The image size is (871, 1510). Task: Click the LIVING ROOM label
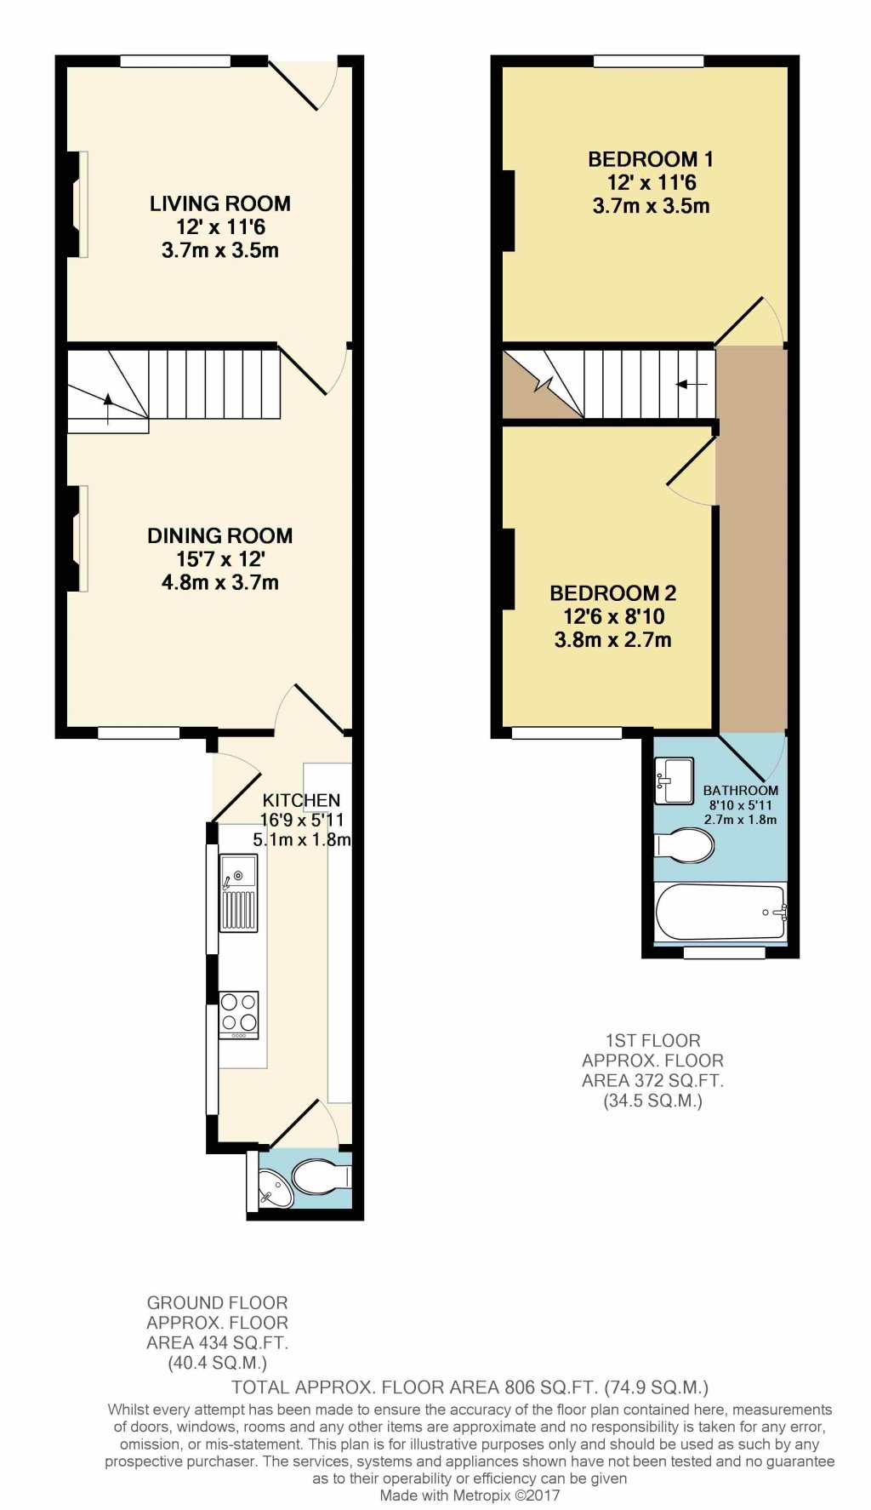tap(219, 203)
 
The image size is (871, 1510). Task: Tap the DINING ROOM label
tap(219, 535)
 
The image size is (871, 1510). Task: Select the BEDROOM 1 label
tap(651, 159)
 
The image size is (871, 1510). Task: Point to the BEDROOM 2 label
tap(612, 593)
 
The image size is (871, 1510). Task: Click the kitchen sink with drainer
tap(238, 893)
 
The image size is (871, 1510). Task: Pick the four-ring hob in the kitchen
tap(239, 1014)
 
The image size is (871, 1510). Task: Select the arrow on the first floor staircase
tap(692, 384)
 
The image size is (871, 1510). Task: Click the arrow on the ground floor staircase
tap(108, 407)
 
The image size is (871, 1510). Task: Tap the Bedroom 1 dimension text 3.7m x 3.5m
tap(651, 206)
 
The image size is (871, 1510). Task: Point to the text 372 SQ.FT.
tap(652, 1081)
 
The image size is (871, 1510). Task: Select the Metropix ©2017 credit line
tap(470, 1495)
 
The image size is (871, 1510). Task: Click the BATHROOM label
tap(740, 790)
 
